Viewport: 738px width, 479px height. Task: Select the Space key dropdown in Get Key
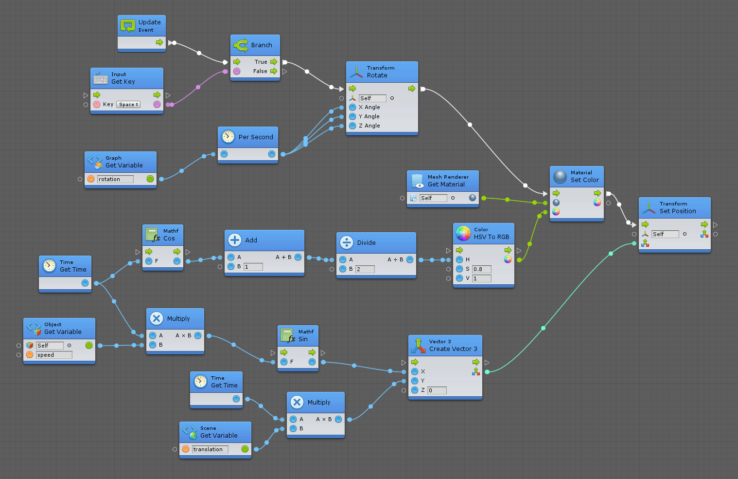128,105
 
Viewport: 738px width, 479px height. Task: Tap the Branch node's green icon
241,45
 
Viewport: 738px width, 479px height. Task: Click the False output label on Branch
260,71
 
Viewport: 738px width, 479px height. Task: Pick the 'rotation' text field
115,179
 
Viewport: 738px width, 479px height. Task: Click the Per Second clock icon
228,137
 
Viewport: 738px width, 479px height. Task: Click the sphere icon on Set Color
560,176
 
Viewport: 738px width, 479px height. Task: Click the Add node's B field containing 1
253,267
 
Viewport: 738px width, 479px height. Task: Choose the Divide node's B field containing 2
365,269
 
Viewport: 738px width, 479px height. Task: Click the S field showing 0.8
481,269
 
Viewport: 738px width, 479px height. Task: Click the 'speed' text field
54,355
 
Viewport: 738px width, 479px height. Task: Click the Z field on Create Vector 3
437,390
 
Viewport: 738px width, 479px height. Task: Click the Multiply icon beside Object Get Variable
157,318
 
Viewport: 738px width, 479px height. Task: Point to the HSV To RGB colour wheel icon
463,234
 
